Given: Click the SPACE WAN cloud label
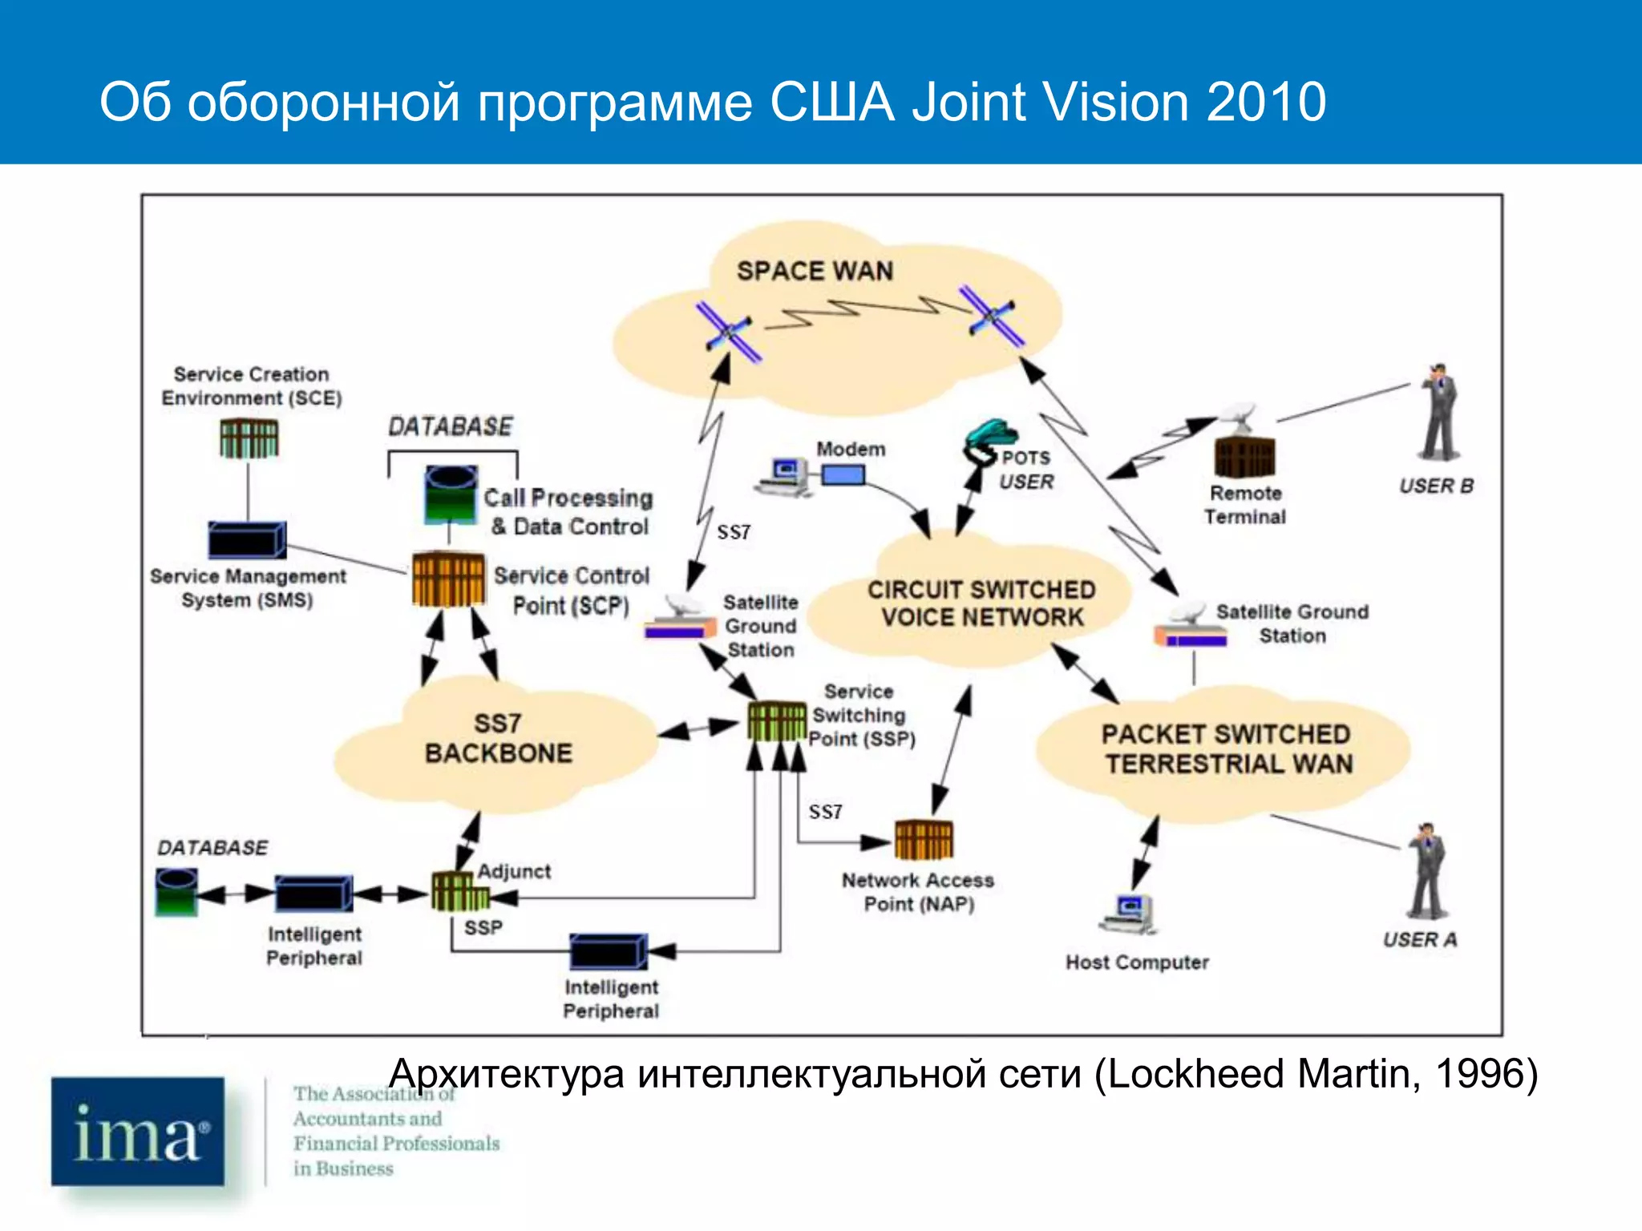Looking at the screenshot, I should click(815, 271).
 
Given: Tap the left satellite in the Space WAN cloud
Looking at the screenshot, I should click(728, 331).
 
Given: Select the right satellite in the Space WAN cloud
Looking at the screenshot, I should click(993, 317).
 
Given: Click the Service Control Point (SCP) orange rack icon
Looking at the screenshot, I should click(448, 579).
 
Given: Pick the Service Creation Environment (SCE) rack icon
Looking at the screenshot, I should click(249, 438).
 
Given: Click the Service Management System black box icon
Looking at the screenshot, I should click(246, 539).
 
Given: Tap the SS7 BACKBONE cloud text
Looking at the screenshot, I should click(498, 738).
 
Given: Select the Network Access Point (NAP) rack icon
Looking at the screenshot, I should click(924, 839).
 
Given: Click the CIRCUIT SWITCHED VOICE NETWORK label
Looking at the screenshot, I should click(981, 603).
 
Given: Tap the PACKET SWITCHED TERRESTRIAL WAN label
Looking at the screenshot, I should click(1227, 749).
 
